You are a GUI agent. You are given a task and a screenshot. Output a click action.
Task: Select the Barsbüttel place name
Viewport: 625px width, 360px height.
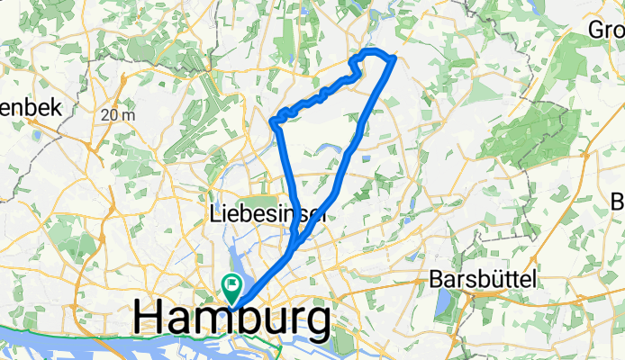(485, 278)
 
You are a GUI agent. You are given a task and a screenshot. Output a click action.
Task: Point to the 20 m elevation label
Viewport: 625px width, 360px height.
(118, 114)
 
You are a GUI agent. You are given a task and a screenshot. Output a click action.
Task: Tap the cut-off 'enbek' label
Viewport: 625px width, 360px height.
(30, 107)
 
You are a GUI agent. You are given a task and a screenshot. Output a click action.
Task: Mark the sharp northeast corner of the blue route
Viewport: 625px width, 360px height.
(394, 60)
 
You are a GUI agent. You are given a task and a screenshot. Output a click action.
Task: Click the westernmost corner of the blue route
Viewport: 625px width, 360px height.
(272, 120)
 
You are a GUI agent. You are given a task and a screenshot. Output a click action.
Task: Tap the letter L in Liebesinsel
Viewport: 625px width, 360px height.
(214, 215)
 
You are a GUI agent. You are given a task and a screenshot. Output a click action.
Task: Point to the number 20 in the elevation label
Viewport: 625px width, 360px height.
(111, 114)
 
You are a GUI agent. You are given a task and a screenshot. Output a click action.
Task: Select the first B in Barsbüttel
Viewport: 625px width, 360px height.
(436, 278)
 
